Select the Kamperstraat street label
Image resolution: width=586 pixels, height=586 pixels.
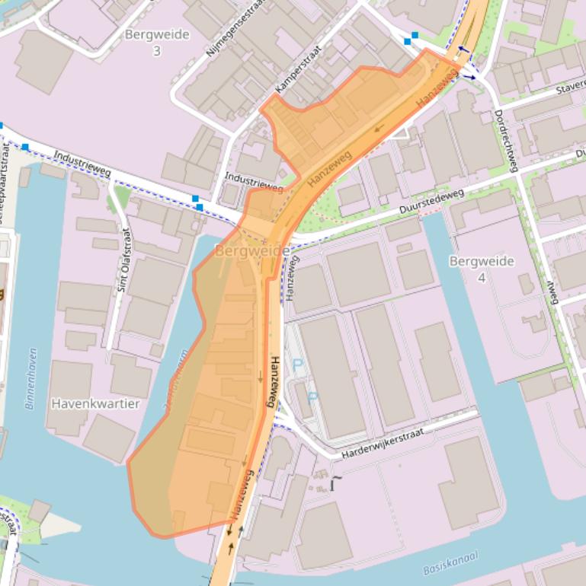point(298,69)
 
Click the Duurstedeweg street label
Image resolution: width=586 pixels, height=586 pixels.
point(431,202)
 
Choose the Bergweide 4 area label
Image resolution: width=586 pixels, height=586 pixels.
point(482,269)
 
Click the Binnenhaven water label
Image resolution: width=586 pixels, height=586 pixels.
point(31,378)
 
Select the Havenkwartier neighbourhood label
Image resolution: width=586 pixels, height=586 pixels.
point(95,403)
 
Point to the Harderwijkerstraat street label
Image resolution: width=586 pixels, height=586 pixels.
point(381,441)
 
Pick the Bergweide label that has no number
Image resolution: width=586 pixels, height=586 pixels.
point(251,251)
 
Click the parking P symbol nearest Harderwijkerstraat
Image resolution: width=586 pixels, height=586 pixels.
point(312,397)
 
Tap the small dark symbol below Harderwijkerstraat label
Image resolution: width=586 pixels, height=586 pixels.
point(335,482)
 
